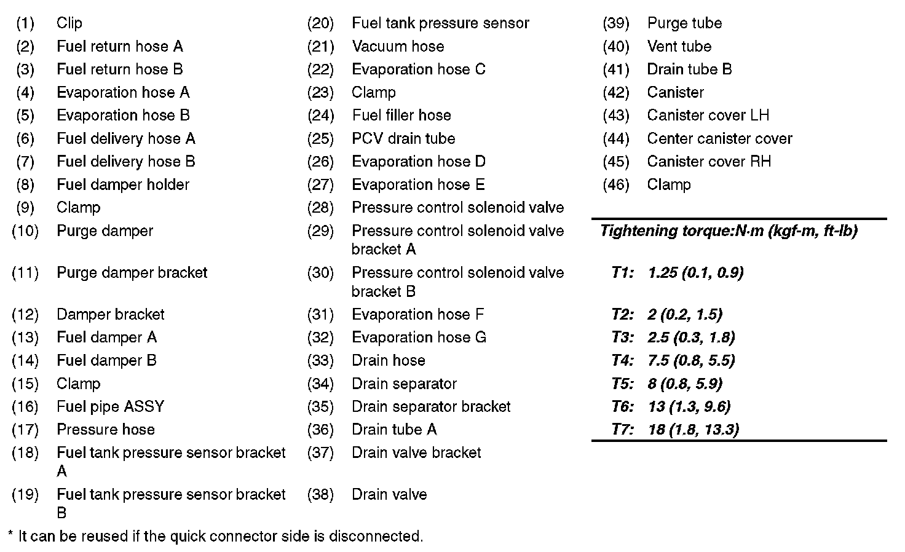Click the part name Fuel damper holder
pos(122,184)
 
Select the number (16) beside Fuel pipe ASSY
pos(25,406)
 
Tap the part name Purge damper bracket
pos(132,272)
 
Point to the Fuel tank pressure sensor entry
pos(440,23)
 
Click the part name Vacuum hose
pos(398,46)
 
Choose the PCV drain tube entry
pos(403,138)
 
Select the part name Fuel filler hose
pos(401,115)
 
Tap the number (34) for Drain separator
pos(320,384)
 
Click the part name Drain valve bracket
pos(416,452)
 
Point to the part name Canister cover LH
pos(708,115)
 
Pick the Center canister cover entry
pos(719,138)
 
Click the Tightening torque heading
pos(729,231)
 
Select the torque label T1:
pos(622,272)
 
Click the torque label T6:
pos(622,406)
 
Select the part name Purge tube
pos(684,23)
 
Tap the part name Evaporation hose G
pos(419,337)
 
